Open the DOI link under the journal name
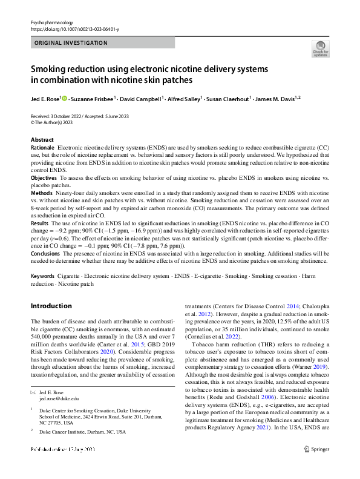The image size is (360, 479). click(x=74, y=28)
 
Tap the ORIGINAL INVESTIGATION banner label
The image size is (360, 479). click(x=71, y=43)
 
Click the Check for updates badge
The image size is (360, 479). click(x=320, y=48)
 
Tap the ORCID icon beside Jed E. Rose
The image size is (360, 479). click(x=64, y=98)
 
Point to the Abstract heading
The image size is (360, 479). click(x=42, y=140)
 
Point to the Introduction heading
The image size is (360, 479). click(x=51, y=306)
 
